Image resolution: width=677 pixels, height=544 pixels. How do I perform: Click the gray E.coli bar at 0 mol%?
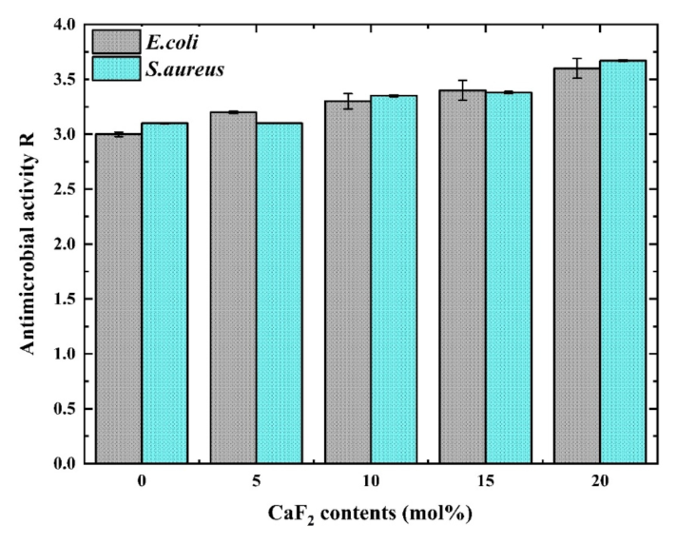[x=119, y=299]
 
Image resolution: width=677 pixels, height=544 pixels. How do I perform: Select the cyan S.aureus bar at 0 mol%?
[x=164, y=294]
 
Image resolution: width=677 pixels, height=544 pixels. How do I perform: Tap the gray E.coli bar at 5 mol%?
[x=234, y=288]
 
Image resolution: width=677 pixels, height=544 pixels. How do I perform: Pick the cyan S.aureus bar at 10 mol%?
[x=394, y=280]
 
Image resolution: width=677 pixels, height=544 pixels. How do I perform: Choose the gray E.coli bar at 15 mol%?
[x=463, y=277]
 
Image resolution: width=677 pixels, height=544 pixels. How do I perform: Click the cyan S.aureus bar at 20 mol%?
[x=623, y=262]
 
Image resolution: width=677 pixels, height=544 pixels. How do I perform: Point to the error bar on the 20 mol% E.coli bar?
[x=577, y=68]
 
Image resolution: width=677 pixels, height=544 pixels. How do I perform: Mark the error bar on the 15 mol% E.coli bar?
[x=463, y=90]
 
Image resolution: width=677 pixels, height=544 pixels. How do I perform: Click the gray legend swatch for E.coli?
[x=117, y=42]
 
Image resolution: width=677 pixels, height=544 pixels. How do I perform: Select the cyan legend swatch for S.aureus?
[x=117, y=68]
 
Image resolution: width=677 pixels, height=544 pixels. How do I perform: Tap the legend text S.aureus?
[x=184, y=69]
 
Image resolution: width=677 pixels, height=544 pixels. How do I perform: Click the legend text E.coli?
[x=172, y=42]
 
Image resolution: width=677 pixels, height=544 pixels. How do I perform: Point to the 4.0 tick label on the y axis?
[x=65, y=25]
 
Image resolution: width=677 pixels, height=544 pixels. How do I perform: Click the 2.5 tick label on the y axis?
[x=65, y=189]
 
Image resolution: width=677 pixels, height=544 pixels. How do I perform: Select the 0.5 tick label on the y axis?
[x=65, y=409]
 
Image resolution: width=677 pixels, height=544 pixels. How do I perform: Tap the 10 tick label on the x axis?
[x=371, y=481]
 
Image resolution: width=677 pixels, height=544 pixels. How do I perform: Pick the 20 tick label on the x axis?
[x=600, y=481]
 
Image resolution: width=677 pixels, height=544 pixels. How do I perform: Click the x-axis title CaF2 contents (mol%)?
[x=370, y=514]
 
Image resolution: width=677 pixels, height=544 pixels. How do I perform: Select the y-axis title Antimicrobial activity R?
[x=28, y=243]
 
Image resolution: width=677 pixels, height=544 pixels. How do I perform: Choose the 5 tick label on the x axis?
[x=257, y=481]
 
